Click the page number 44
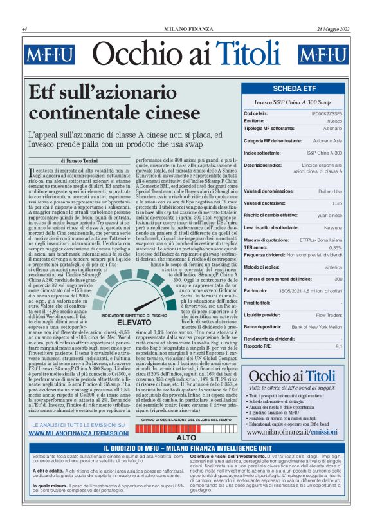24,30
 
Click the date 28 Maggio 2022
332,30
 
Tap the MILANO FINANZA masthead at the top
186,30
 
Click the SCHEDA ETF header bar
294,88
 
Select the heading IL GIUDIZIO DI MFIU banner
186,448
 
